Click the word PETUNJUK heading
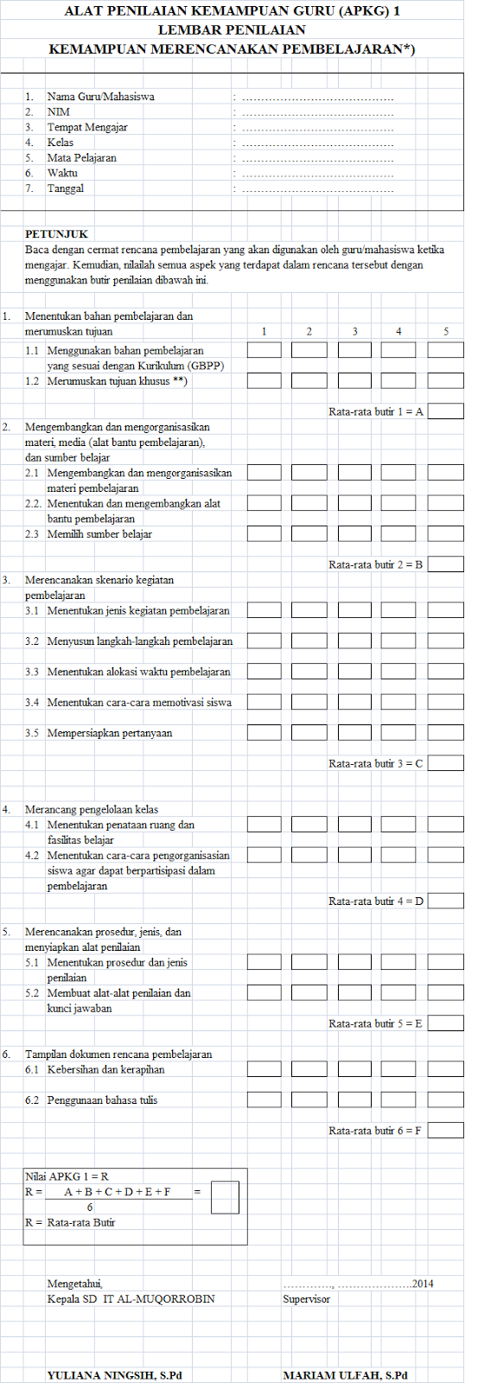(57, 234)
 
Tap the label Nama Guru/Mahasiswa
(101, 97)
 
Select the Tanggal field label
(66, 188)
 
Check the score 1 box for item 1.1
(264, 350)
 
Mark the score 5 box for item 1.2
(445, 380)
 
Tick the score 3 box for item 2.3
(354, 534)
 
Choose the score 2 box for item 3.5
(309, 733)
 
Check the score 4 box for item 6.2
(398, 1100)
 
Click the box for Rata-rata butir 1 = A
(445, 411)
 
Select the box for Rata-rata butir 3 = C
(445, 763)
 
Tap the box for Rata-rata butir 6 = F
(445, 1131)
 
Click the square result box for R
(225, 1198)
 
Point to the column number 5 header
(446, 331)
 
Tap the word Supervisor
(306, 1299)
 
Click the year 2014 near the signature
(423, 1284)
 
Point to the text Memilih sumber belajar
(99, 534)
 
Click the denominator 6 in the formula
(90, 1207)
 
